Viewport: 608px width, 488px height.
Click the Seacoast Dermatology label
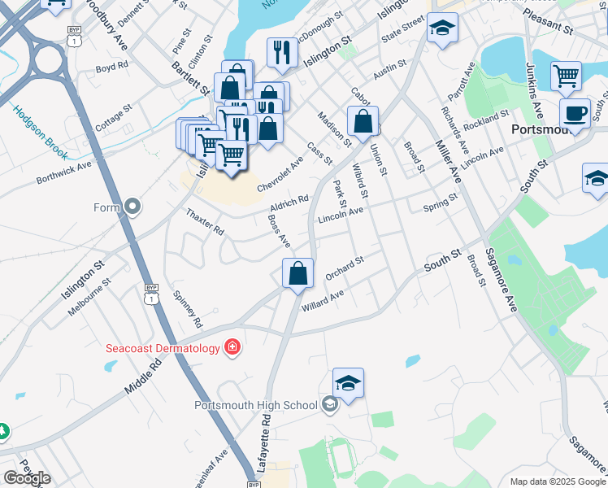163,349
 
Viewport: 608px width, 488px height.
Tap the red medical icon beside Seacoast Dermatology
232,348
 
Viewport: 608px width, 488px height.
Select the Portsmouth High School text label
255,405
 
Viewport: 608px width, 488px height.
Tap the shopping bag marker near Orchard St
298,272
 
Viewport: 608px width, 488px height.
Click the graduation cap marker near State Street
442,30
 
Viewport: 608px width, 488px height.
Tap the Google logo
27,478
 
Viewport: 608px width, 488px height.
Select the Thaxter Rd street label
205,221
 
